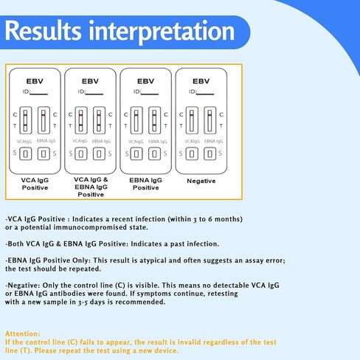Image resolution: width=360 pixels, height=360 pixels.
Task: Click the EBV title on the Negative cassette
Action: pos(201,80)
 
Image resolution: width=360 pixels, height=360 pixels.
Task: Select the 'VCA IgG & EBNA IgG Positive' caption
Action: pos(91,187)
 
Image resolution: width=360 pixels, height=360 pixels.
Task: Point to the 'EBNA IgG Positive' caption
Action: pos(145,184)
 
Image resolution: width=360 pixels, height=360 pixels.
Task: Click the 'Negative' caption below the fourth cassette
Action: pos(201,180)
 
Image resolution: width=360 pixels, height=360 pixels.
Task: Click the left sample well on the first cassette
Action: pos(25,153)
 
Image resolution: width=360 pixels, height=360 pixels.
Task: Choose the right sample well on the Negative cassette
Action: pos(210,153)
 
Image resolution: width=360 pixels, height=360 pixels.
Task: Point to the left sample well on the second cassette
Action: pos(81,153)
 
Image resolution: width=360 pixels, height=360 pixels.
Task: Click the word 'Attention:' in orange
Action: pos(22,333)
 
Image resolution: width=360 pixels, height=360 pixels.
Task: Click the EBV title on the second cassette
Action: pos(91,80)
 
